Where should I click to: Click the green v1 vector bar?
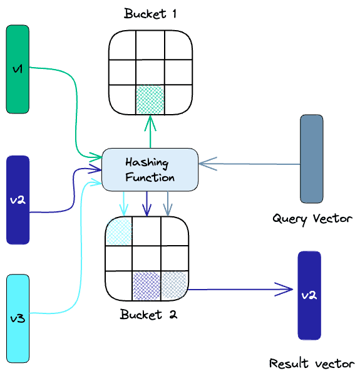coord(18,69)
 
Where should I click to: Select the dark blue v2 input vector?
coord(18,199)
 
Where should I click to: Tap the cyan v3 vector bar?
coord(18,318)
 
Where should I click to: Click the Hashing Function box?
coord(150,169)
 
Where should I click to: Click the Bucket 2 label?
coord(148,314)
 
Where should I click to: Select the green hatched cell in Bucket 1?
coord(150,98)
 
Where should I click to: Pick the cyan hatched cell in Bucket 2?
coord(118,231)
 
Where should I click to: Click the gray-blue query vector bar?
coord(311,159)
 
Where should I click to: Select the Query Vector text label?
coord(312,219)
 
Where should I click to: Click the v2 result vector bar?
coord(309,295)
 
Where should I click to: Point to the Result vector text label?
coord(312,363)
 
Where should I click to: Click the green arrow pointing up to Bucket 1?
coord(150,132)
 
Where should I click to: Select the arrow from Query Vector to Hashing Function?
coord(250,164)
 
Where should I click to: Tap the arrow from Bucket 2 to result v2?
coord(241,290)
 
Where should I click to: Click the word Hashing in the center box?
coord(147,162)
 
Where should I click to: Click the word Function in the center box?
coord(150,177)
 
